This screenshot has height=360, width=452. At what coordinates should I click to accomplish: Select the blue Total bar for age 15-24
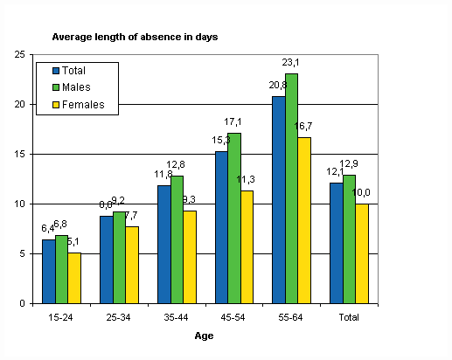[x=47, y=272]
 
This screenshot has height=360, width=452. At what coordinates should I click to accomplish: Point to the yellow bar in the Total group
[x=361, y=253]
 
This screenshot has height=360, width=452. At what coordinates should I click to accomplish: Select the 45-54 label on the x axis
[x=235, y=315]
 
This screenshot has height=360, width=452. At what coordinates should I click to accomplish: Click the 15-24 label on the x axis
[x=61, y=315]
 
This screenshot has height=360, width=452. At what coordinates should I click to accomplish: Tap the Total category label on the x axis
[x=350, y=315]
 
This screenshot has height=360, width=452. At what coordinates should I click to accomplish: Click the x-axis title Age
[x=202, y=335]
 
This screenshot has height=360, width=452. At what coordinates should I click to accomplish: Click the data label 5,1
[x=76, y=242]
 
